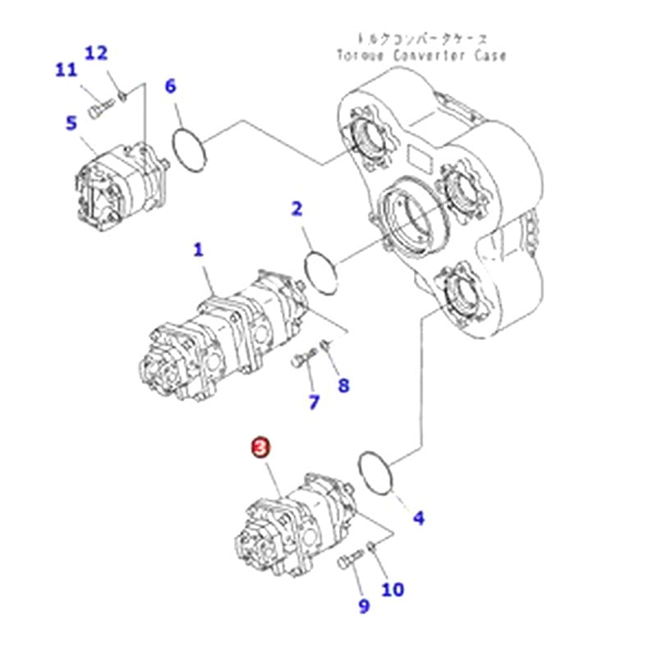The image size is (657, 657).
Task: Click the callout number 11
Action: pos(66,71)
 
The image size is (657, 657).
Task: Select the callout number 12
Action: pos(96,53)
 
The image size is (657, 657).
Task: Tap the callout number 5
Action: pos(71,123)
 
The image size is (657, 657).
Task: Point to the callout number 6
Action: pos(170,85)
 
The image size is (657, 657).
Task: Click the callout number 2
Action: pos(296,209)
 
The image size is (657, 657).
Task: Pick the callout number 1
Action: pos(198,250)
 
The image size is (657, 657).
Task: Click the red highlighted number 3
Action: pos(260,447)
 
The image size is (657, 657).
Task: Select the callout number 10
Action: pos(393,589)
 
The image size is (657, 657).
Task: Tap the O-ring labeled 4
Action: pos(377,472)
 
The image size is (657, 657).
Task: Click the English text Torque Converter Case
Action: pos(421,56)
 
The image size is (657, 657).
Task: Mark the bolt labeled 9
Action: pos(347,562)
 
